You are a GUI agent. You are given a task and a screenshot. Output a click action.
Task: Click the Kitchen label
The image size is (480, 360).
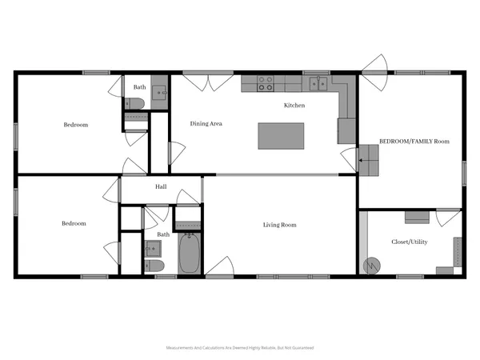[295, 106]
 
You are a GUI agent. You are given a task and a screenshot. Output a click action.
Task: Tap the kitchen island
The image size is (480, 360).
[281, 135]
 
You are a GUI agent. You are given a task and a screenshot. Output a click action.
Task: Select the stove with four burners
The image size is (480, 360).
[265, 83]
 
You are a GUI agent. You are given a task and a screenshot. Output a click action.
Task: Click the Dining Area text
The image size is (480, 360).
[206, 124]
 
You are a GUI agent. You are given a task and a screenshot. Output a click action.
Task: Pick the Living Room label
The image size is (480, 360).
[280, 225]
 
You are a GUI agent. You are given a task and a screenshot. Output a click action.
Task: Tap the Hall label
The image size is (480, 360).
[161, 188]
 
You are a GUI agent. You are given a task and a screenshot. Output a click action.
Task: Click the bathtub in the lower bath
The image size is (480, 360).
[190, 253]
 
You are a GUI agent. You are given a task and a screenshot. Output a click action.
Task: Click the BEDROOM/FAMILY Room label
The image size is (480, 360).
[414, 141]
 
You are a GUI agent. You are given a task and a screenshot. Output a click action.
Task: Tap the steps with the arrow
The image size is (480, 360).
[369, 159]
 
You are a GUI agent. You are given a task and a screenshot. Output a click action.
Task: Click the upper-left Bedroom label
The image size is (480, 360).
[76, 125]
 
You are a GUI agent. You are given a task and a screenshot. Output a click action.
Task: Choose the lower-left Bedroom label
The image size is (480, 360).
[74, 223]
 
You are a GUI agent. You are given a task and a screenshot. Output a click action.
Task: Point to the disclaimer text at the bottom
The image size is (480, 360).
[239, 348]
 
